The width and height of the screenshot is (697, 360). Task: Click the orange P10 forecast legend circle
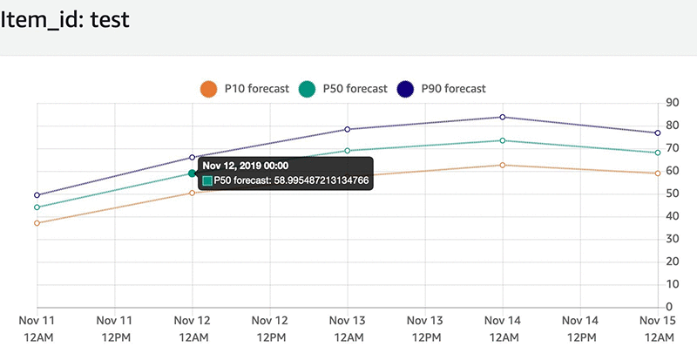coord(207,88)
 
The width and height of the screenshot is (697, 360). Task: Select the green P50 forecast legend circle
coord(307,88)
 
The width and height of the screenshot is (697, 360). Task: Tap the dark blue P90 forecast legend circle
coord(406,88)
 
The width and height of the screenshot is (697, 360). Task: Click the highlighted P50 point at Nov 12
coord(193,173)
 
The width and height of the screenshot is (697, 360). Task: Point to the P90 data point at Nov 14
coord(503,117)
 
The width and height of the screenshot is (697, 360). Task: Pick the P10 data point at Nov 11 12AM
coord(37,223)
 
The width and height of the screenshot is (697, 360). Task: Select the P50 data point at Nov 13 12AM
coord(348,151)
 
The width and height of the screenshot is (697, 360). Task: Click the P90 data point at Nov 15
coord(657,132)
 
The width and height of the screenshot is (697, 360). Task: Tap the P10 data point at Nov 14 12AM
coord(503,165)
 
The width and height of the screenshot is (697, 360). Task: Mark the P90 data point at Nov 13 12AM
coord(348,129)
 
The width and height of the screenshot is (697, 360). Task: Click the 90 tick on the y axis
coord(672,103)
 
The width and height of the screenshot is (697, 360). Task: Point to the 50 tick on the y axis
coord(672,194)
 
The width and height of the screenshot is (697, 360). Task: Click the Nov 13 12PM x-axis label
coord(425,329)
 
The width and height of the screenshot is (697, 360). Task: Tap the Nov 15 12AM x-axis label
coord(657,329)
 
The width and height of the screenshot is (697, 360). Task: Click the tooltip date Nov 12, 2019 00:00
coord(257,164)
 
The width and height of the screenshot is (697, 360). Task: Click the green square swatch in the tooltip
coord(207,180)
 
